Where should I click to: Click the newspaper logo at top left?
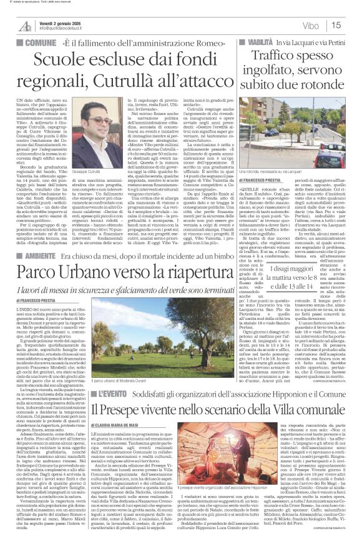24,24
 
